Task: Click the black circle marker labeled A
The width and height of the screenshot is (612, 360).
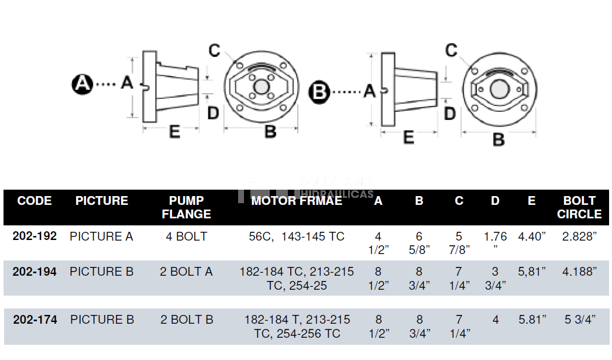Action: coord(82,84)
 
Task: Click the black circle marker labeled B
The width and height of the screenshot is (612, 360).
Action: coord(320,92)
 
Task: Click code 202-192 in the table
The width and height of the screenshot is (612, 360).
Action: coord(35,236)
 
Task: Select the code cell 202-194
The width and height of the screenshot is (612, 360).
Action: coord(35,272)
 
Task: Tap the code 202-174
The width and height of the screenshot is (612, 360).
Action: coord(35,320)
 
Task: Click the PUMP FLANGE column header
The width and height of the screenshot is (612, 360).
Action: coord(186,207)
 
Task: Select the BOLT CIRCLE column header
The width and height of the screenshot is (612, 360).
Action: coord(579,207)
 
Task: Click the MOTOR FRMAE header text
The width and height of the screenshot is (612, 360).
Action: coord(297,201)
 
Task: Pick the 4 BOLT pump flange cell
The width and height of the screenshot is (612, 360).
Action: coord(187,236)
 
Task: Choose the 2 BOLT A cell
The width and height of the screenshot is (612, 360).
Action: coord(187,272)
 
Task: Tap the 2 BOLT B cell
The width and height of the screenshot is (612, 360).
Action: coord(187,320)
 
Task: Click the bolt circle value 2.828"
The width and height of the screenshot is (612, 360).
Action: coord(579,236)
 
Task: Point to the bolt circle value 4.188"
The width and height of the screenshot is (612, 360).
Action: coord(579,272)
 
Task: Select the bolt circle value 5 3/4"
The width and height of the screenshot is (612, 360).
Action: coord(579,320)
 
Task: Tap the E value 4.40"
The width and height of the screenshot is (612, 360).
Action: coord(532,236)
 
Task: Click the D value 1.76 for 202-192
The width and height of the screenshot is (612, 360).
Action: coord(496,237)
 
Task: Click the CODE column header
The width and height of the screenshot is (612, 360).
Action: coord(35,201)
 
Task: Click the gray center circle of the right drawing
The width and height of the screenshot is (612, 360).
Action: coord(498,90)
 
